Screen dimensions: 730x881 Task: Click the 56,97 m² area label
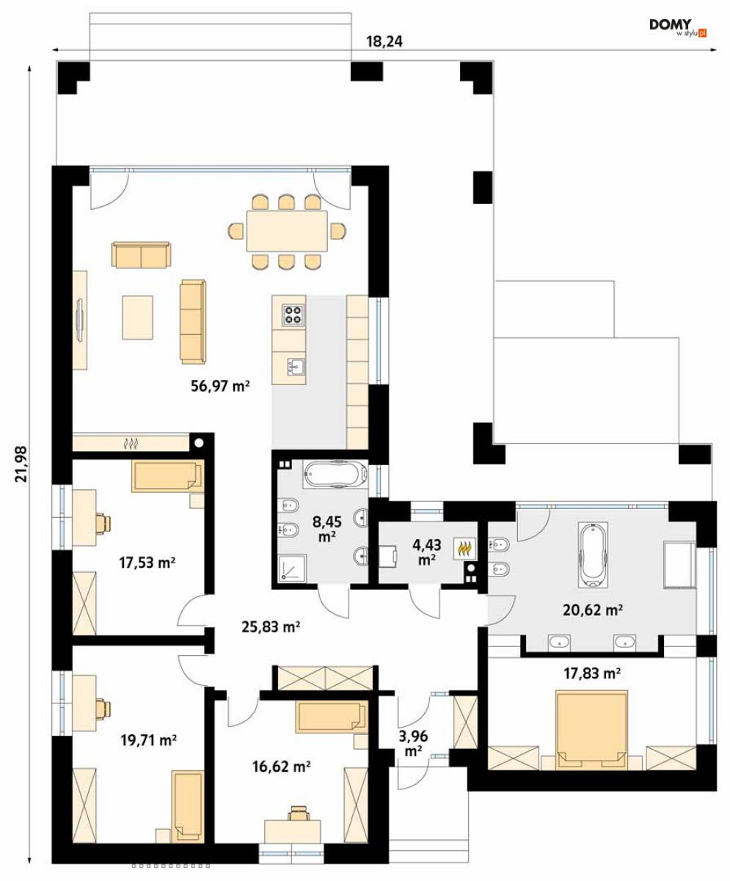click(220, 386)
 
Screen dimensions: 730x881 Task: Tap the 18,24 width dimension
click(384, 41)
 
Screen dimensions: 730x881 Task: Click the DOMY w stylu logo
click(678, 27)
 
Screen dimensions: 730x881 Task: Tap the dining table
click(287, 231)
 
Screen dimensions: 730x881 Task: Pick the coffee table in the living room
click(137, 318)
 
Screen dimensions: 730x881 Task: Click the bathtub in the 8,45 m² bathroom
click(335, 475)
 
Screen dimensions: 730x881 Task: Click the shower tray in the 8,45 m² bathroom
click(292, 569)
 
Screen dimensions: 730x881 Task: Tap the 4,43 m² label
click(426, 552)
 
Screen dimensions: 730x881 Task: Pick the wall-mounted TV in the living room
click(80, 319)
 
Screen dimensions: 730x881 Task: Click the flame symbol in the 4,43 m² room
click(464, 549)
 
